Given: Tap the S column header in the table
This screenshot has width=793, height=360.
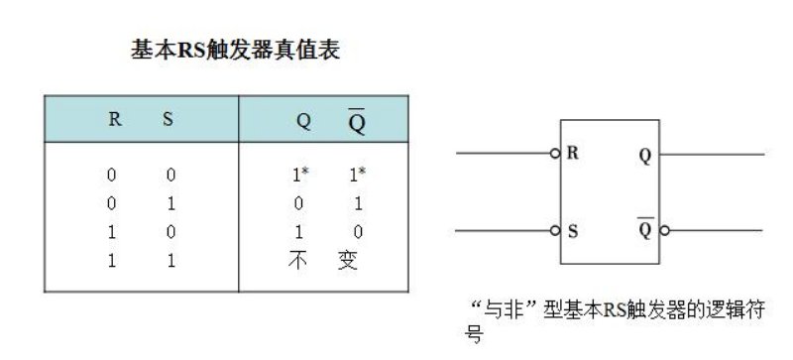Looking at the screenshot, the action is coord(168,120).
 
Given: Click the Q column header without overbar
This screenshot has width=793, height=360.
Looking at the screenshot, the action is coord(303,122).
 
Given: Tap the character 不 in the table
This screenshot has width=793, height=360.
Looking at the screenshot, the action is coord(299,264).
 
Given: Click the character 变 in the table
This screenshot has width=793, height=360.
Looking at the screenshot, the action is coord(348,264).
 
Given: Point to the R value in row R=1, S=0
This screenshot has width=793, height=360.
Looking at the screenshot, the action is coord(112,234).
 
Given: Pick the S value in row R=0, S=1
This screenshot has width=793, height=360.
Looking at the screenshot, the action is coord(170,204).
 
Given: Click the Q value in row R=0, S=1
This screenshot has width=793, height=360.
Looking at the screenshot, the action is coord(298,204).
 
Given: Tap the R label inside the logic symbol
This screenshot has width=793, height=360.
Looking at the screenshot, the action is coord(573,154).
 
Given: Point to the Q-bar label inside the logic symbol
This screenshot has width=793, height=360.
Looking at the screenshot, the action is coord(645,230).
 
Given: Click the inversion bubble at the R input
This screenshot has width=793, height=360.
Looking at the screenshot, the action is coord(556,154).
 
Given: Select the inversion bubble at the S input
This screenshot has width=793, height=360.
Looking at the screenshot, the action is coord(556,231).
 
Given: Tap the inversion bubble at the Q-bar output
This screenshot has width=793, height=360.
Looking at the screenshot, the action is coord(665,231).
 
